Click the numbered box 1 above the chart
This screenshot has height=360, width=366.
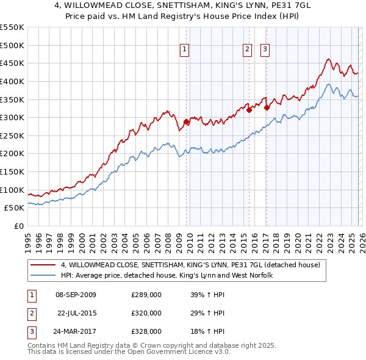[x=184, y=51]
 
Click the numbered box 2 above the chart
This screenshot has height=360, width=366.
[x=247, y=51]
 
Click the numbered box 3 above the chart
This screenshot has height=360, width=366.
[x=265, y=51]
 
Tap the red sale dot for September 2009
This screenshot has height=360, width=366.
[x=186, y=121]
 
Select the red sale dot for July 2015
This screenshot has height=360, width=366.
[x=249, y=110]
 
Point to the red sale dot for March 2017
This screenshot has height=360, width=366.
[x=267, y=107]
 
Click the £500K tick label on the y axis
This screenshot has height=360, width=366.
[x=12, y=45]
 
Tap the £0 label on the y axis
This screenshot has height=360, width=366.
[x=19, y=226]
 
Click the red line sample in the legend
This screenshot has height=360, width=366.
[x=43, y=265]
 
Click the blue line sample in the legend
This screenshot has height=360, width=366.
[x=43, y=276]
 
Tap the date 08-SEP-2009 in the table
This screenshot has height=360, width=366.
[x=76, y=295]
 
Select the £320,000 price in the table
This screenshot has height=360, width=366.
[x=146, y=313]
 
